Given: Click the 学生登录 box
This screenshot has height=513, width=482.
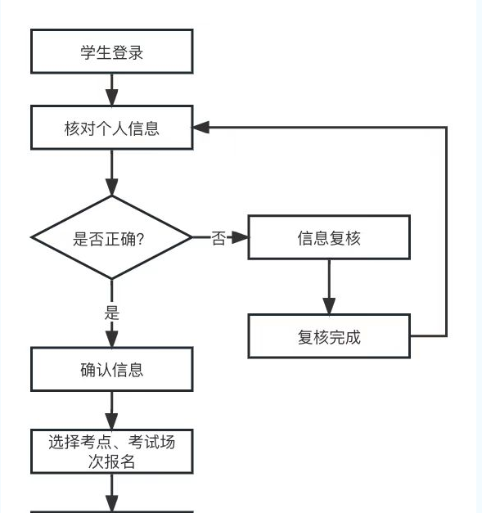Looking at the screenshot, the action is [x=111, y=52].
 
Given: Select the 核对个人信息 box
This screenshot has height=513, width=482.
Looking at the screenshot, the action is [x=111, y=128].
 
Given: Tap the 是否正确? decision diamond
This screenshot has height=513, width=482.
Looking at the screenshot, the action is [x=111, y=237].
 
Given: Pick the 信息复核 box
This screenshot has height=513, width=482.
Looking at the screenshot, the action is [x=329, y=237].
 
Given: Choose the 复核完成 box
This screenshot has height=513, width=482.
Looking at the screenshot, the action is [x=329, y=336].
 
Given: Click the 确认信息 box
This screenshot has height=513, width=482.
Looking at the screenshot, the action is [x=111, y=369].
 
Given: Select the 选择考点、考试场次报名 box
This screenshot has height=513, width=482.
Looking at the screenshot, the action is [x=111, y=452].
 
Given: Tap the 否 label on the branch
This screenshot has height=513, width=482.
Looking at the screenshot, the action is [x=218, y=238].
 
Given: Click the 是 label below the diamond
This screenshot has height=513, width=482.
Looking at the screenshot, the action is [x=112, y=313].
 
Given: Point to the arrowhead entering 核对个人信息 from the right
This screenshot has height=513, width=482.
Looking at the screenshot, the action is [x=200, y=128].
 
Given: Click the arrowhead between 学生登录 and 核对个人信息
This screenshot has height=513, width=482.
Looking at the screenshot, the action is [x=112, y=97].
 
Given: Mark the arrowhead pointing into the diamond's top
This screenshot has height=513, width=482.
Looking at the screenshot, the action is [x=112, y=187].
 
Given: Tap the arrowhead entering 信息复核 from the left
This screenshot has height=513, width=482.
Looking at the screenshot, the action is [x=240, y=237].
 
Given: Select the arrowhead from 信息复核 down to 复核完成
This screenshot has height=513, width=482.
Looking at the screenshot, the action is [x=329, y=306].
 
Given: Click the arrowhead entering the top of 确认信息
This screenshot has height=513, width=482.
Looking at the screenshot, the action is [x=112, y=339].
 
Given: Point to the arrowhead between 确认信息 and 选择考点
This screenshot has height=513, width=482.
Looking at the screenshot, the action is [x=112, y=421].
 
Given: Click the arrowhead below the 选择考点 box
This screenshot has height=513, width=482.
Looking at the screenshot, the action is [x=112, y=503].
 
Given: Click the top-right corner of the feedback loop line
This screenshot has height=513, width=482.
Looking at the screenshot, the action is [x=446, y=128].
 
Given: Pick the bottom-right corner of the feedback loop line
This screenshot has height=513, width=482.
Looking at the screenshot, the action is [x=446, y=335].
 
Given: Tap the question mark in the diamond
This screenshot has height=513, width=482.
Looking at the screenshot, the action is [x=141, y=239].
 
